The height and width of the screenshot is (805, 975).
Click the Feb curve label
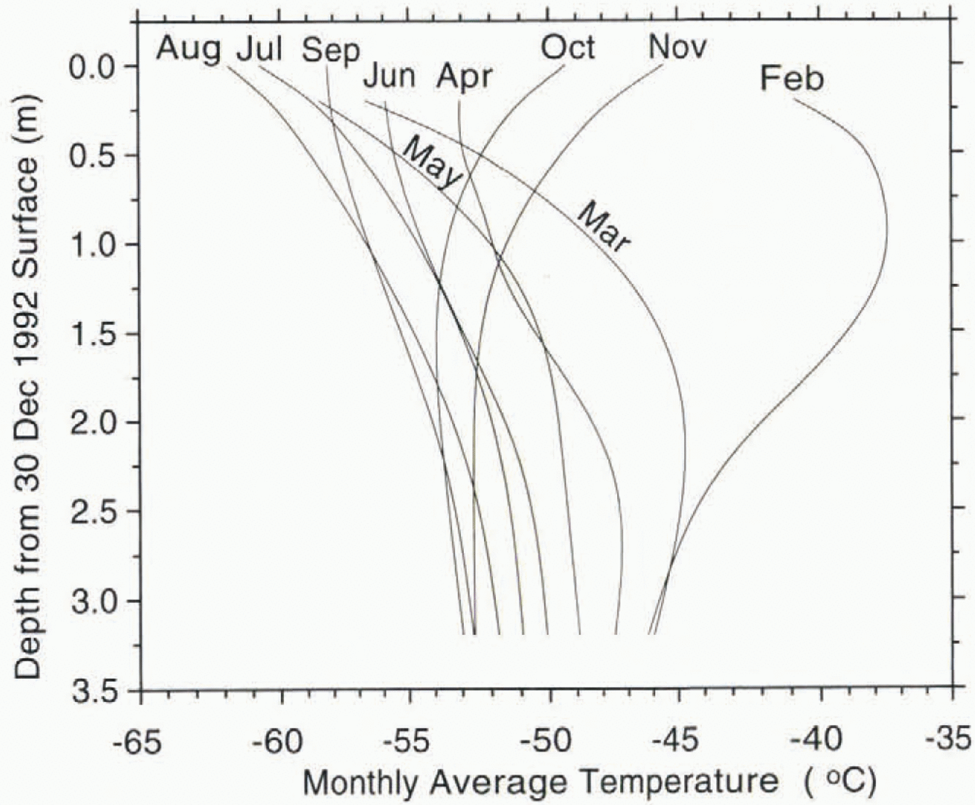click(792, 79)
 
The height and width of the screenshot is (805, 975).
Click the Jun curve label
click(389, 77)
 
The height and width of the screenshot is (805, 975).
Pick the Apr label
click(465, 77)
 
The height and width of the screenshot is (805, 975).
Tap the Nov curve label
click(677, 47)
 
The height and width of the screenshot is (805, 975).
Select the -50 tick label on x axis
click(549, 741)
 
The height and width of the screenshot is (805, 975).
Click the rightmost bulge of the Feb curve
click(887, 230)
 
